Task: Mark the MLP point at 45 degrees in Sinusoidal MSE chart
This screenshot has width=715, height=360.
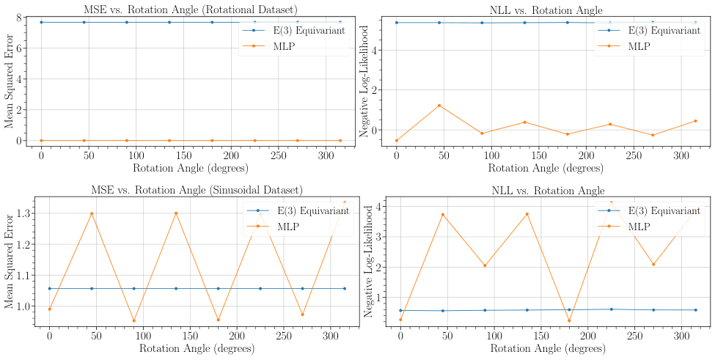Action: [92, 213]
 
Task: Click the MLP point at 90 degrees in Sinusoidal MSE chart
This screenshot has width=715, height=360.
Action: [134, 320]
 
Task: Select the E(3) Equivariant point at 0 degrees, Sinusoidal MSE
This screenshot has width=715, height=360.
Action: [50, 288]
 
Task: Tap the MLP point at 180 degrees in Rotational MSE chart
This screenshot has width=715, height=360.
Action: [212, 140]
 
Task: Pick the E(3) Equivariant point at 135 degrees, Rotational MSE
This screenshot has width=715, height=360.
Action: [169, 22]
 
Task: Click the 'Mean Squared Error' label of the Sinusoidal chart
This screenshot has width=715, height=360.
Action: [9, 262]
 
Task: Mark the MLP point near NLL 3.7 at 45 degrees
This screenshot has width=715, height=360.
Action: [442, 214]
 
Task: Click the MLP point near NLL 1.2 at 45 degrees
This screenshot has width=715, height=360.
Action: [439, 106]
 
